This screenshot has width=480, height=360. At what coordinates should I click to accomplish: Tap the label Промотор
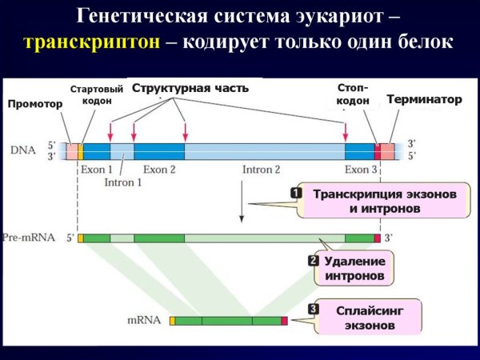coord(34,104)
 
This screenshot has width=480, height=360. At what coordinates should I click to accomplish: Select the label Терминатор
coord(424,100)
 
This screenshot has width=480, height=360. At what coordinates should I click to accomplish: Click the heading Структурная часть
coord(190,88)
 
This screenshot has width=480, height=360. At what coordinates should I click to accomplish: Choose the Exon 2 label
coord(159,170)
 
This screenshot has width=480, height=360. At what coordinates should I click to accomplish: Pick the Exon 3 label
coord(361,170)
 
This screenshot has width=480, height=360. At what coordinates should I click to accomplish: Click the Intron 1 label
coord(123,182)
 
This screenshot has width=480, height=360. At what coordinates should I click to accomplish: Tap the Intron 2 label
coord(261,170)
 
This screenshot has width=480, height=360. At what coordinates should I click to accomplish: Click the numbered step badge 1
coord(295,193)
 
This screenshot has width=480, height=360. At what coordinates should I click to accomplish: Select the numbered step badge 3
coord(313,308)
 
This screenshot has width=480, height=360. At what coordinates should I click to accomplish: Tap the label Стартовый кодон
coord(98,94)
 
